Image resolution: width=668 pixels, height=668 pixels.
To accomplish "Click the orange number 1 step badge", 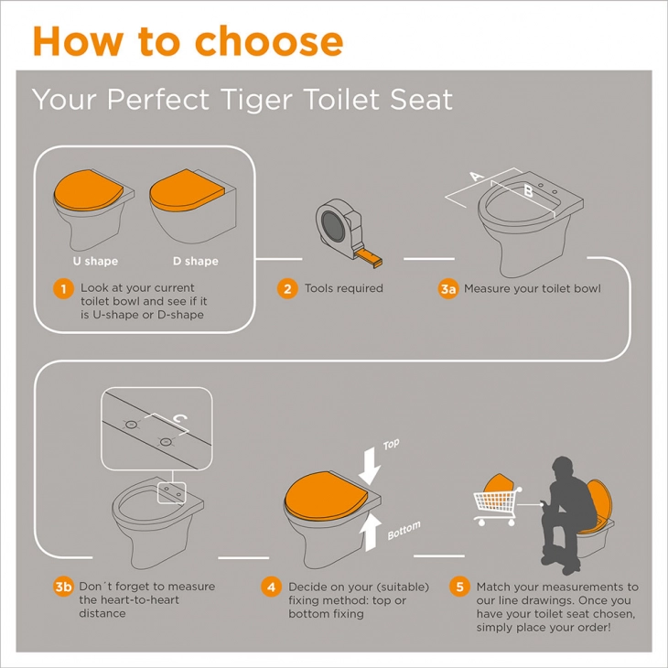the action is (63, 289).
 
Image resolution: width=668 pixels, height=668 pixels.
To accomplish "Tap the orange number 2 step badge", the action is (287, 289).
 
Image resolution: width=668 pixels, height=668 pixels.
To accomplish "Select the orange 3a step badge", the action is (448, 289).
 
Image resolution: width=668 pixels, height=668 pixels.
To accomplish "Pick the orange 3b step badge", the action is (63, 587).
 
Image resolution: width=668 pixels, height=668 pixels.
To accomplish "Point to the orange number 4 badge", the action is (272, 587).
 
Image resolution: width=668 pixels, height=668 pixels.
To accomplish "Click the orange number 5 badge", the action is (459, 587).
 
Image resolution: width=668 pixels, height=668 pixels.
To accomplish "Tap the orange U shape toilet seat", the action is (88, 190).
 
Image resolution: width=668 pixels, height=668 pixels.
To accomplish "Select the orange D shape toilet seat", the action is (187, 190).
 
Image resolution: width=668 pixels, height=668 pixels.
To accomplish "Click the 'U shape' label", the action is (95, 261).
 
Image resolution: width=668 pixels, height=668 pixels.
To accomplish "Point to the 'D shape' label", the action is (196, 261).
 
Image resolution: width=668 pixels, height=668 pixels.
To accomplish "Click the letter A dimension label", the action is (477, 176).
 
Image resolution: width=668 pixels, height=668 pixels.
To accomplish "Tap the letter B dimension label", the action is (528, 190).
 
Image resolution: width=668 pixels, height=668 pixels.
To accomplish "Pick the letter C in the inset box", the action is (180, 419).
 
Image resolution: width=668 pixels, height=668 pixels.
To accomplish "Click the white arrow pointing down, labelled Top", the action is (370, 466).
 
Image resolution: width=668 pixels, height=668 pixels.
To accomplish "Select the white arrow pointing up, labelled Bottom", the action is (370, 533).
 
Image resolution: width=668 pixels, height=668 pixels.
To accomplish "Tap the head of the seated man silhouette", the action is (563, 469).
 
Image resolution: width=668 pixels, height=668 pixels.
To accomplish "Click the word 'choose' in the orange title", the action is (269, 41).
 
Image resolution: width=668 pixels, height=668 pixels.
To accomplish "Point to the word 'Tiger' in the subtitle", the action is (258, 99).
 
